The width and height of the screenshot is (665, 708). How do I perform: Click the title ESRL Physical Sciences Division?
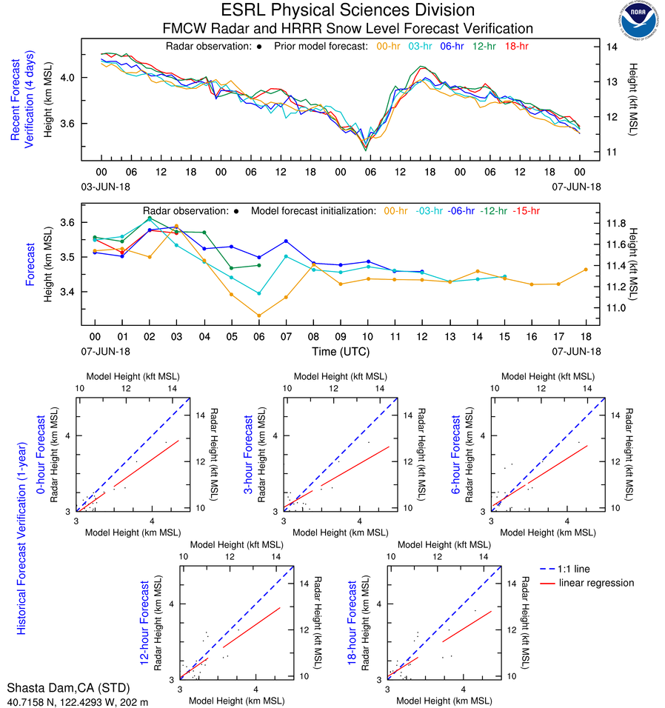coord(347,10)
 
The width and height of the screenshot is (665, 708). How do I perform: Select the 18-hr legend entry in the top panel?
coord(515,46)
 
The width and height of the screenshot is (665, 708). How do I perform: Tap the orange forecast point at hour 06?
coord(258,315)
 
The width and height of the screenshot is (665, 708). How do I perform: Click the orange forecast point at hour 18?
coord(585,270)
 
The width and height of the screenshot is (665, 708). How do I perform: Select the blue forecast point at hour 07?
coord(286,241)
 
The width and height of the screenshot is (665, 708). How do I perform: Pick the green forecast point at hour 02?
coord(150,218)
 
